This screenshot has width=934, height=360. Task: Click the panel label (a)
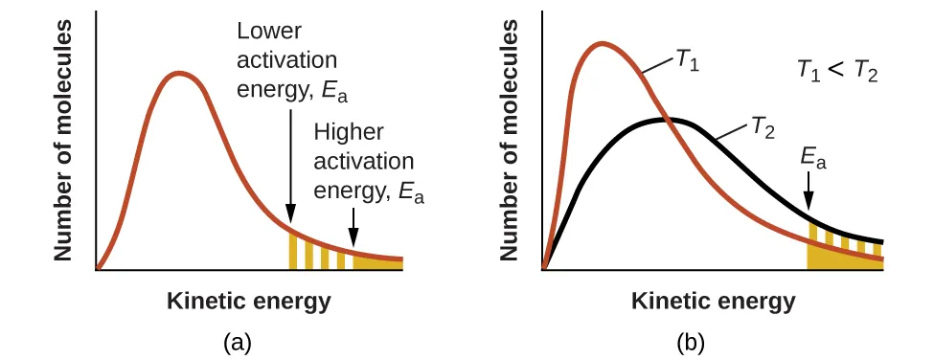click(237, 341)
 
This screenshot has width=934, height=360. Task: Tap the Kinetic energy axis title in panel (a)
click(249, 301)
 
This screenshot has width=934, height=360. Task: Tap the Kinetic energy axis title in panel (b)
click(713, 301)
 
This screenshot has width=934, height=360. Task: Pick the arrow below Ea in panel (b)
click(809, 191)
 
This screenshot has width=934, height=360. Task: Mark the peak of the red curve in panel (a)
click(178, 73)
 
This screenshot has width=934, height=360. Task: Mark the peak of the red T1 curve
click(601, 43)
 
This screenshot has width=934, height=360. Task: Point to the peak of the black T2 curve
click(669, 119)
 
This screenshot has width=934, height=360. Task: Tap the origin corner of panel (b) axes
click(543, 270)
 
